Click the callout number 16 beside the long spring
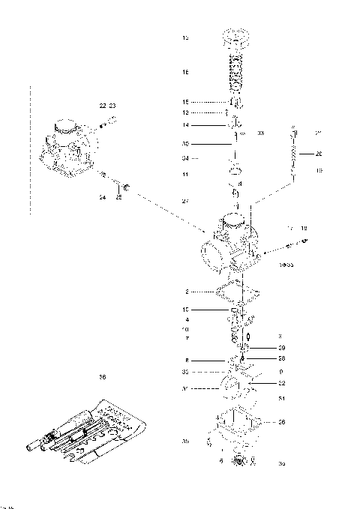pyautogui.click(x=185, y=72)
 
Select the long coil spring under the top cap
pyautogui.click(x=238, y=72)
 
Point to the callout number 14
pyautogui.click(x=185, y=124)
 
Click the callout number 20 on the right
pyautogui.click(x=318, y=154)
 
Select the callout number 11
pyautogui.click(x=185, y=174)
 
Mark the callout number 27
pyautogui.click(x=185, y=201)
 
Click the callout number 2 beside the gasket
pyautogui.click(x=185, y=291)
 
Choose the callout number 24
pyautogui.click(x=102, y=197)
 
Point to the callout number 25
pyautogui.click(x=118, y=197)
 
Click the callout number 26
pyautogui.click(x=281, y=422)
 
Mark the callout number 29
pyautogui.click(x=281, y=349)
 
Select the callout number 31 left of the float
pyautogui.click(x=185, y=388)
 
